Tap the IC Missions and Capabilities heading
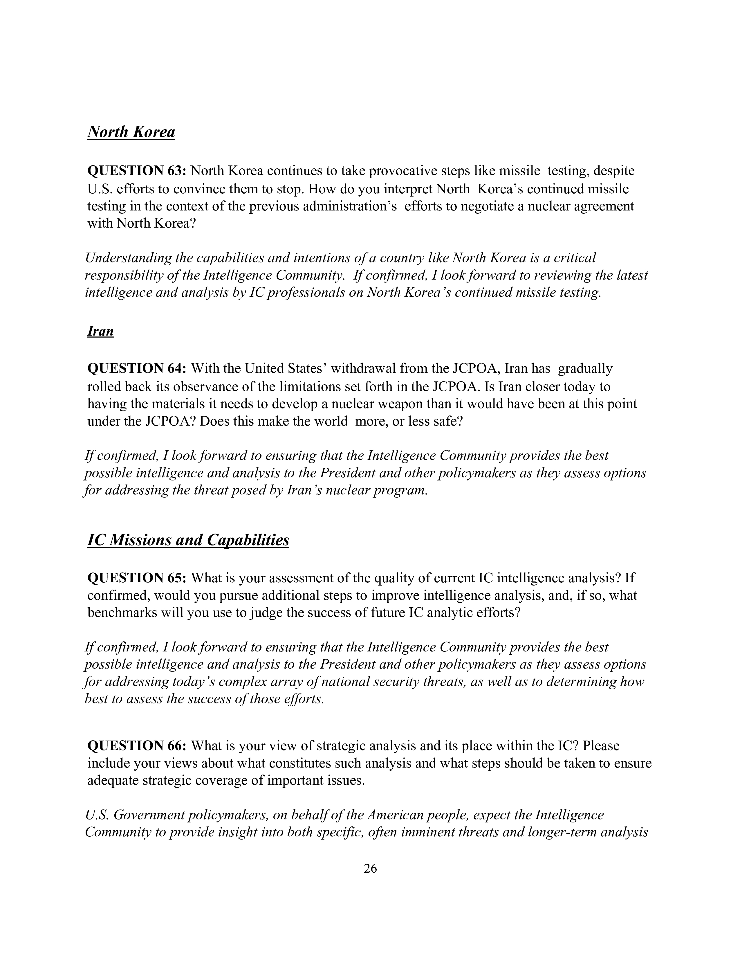tap(188, 540)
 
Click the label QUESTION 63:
tap(138, 171)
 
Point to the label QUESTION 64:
tap(138, 368)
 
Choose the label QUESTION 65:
tap(138, 578)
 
